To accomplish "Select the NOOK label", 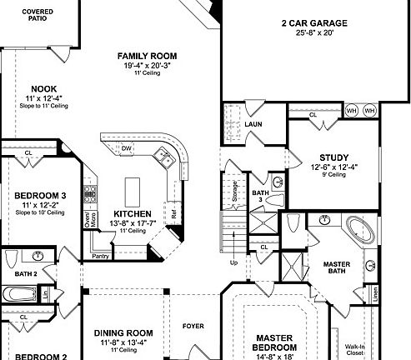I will click(43, 89).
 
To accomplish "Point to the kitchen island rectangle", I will click(132, 191).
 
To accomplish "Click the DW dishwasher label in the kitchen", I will click(127, 148).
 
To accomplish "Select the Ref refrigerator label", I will click(174, 213).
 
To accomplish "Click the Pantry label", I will click(102, 255).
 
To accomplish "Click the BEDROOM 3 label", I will click(40, 197).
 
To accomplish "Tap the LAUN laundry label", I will click(253, 124).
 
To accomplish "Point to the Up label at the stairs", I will click(233, 262).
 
